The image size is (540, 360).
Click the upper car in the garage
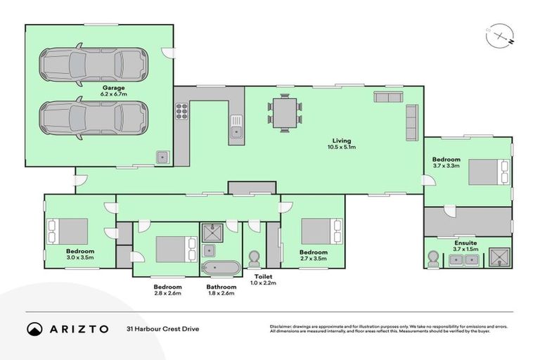tap(94, 64)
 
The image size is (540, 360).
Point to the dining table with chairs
tap(285, 112)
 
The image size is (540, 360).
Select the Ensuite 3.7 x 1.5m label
tap(466, 246)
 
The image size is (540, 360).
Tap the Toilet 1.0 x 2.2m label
tap(264, 279)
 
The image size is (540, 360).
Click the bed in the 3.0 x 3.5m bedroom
tap(68, 231)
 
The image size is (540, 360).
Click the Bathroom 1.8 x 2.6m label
tap(220, 290)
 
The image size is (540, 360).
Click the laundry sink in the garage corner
tap(162, 157)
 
